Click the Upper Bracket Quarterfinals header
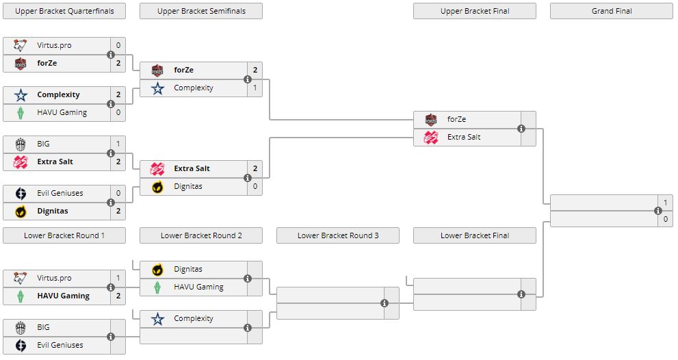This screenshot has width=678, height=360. click(x=64, y=11)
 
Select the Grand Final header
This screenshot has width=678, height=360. click(x=611, y=11)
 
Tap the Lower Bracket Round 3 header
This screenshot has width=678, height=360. click(x=338, y=235)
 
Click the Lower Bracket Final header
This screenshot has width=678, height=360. click(x=475, y=235)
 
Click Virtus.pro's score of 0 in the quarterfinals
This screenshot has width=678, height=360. click(x=118, y=46)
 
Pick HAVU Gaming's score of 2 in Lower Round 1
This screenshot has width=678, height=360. click(x=118, y=296)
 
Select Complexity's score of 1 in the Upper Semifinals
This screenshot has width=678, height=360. click(x=255, y=88)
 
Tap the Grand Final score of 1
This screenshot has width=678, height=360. click(x=665, y=203)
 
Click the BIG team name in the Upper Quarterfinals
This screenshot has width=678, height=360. click(x=43, y=144)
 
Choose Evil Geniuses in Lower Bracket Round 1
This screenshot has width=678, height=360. click(x=60, y=346)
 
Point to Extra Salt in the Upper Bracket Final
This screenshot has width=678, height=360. click(x=464, y=138)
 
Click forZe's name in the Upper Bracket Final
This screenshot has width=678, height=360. click(x=456, y=120)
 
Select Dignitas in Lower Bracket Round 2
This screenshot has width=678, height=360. click(x=187, y=270)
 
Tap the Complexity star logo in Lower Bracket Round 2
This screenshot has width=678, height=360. click(x=157, y=319)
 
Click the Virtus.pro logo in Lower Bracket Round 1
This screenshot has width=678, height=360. click(x=21, y=279)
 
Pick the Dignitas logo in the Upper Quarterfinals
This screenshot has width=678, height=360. click(x=21, y=211)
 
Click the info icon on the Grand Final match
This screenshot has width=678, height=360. click(x=658, y=211)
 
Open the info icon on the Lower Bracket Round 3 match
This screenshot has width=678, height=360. click(x=384, y=303)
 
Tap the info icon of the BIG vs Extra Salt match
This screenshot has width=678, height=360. click(x=111, y=153)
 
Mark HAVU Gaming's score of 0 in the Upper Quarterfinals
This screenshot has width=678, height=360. click(x=118, y=113)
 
